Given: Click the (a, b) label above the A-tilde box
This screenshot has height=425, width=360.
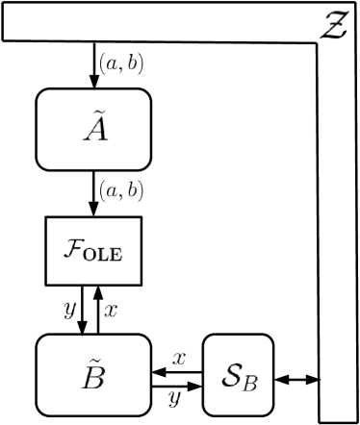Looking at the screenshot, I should [121, 65].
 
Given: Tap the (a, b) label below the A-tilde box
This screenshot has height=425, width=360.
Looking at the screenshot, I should [121, 191].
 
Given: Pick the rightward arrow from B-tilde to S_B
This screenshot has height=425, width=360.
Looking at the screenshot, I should [176, 386].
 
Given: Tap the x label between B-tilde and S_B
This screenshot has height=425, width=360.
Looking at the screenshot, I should [177, 357].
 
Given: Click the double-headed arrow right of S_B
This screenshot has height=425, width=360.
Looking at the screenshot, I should [296, 379].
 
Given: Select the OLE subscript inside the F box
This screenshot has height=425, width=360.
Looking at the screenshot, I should [107, 254].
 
